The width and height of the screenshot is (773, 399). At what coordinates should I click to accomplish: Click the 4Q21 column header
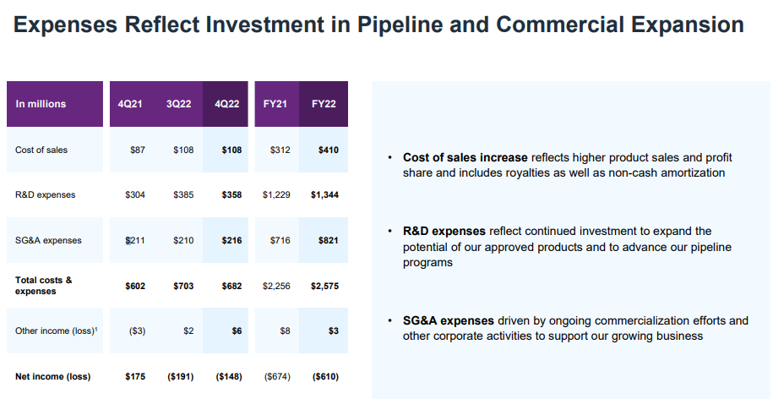[130, 104]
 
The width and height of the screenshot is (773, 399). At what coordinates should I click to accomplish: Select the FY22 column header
[324, 104]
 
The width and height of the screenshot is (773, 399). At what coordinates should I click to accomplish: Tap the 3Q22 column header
[178, 104]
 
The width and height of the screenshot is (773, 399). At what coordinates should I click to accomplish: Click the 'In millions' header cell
[41, 104]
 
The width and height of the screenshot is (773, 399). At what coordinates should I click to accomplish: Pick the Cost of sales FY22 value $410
[328, 150]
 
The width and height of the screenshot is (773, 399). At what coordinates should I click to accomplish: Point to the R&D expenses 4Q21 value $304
[135, 195]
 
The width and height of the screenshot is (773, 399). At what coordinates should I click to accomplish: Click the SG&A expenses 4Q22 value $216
[231, 241]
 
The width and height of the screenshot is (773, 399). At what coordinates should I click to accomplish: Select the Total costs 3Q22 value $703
[182, 286]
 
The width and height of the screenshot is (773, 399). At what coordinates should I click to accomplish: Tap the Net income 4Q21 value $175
[135, 376]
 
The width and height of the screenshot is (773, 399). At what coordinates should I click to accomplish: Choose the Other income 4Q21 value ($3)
[136, 331]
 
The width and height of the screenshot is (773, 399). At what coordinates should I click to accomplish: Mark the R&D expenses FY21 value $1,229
[276, 195]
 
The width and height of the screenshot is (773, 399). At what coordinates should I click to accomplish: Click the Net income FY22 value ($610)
[325, 376]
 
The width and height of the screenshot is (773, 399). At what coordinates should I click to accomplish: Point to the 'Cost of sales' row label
[41, 150]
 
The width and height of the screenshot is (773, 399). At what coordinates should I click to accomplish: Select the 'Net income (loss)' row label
[52, 376]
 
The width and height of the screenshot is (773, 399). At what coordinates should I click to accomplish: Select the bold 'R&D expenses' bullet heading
[444, 231]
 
